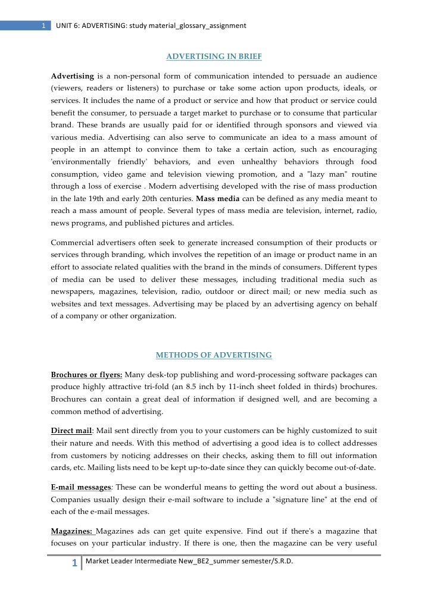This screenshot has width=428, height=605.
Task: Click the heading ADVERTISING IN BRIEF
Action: point(214,57)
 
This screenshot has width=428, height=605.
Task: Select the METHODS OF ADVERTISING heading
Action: point(214,355)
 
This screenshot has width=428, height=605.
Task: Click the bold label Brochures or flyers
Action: point(86,375)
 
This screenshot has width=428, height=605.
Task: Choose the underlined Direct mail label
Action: point(71,430)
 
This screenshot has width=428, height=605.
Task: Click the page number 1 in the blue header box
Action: point(43,26)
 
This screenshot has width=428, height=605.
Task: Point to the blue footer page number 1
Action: point(74,564)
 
